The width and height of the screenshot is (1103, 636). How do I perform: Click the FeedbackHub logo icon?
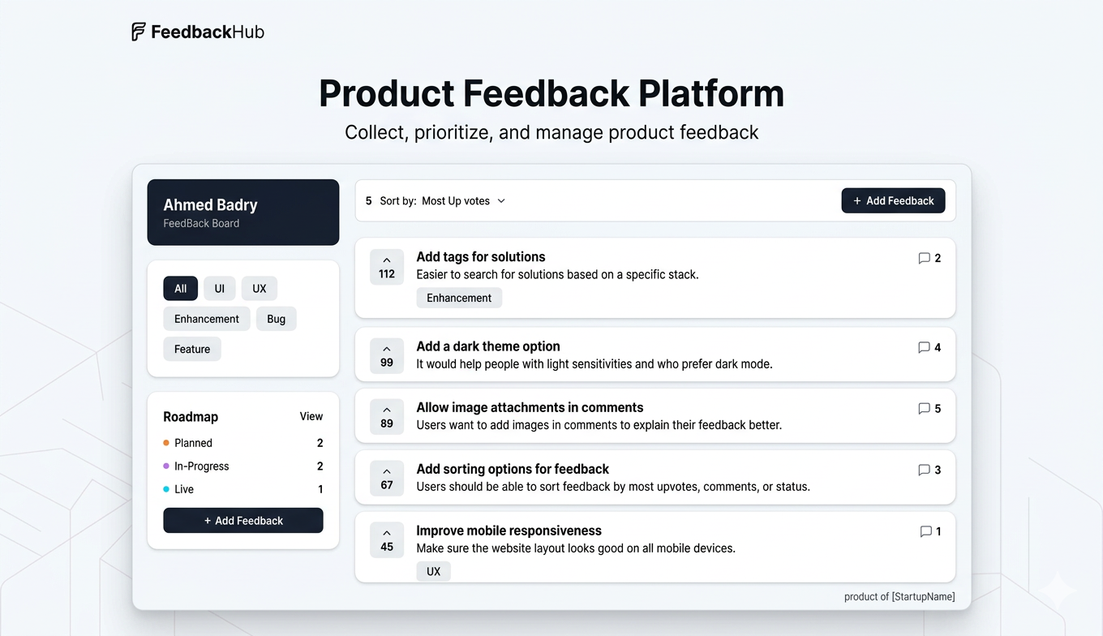(x=139, y=32)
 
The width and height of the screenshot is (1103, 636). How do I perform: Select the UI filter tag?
(x=219, y=289)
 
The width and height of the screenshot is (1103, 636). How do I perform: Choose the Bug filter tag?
(x=276, y=319)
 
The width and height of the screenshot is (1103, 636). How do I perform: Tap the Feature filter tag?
(x=192, y=350)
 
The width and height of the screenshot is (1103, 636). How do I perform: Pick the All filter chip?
(x=180, y=289)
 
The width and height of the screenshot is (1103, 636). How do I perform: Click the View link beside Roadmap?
(x=311, y=416)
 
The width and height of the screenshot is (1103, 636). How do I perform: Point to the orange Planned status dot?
(x=166, y=443)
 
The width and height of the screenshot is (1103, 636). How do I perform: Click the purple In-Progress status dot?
(x=166, y=466)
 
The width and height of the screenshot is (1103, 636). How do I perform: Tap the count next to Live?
(x=320, y=489)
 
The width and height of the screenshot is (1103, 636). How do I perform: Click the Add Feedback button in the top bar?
(x=893, y=200)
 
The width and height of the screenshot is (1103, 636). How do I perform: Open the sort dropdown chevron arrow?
(x=501, y=201)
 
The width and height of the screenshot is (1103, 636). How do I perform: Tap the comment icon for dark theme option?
(x=924, y=347)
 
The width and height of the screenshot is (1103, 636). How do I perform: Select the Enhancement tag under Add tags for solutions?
(x=459, y=298)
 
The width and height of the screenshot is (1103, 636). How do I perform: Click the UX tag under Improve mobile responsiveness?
(x=433, y=571)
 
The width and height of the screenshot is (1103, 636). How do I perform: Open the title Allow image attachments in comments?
(x=530, y=407)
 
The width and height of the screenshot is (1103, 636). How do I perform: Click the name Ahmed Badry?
(x=210, y=204)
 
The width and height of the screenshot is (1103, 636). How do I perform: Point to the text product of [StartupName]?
(x=899, y=597)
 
